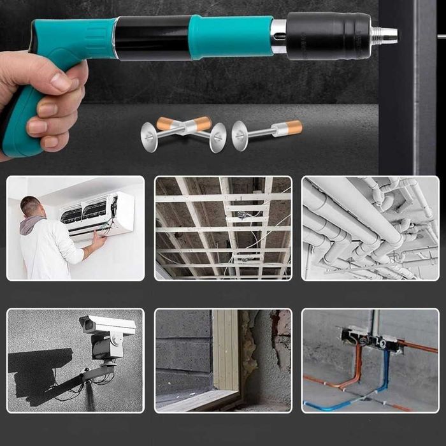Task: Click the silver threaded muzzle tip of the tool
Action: tap(384, 35)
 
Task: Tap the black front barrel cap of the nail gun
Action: tap(328, 36)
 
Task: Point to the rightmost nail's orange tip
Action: tap(294, 127)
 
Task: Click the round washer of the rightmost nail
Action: tap(240, 135)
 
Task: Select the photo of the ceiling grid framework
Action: tap(223, 228)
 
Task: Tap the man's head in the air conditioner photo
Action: tap(30, 206)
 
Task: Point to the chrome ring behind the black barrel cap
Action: tap(278, 36)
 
